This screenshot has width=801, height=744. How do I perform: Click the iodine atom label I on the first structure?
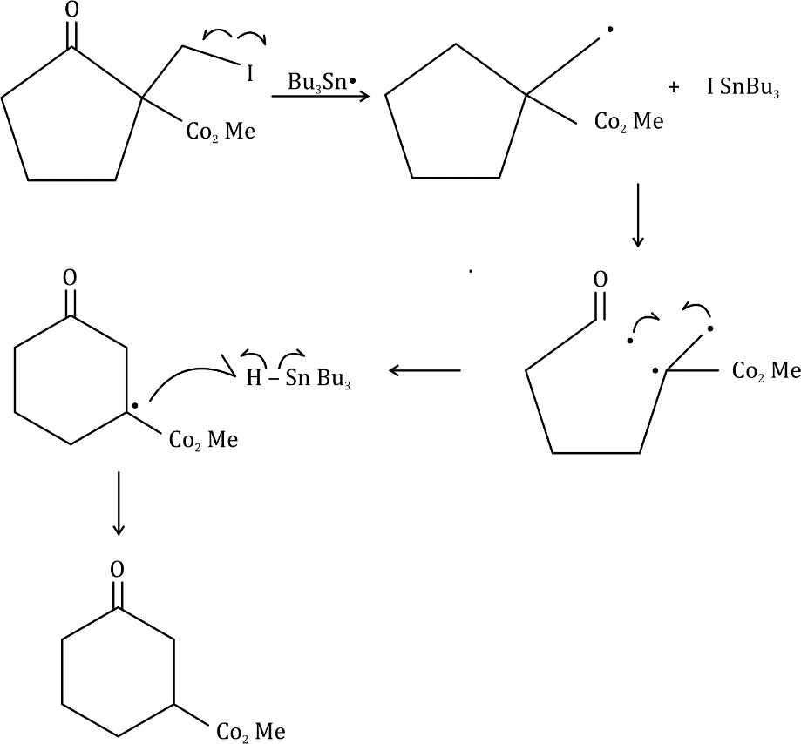[x=250, y=74]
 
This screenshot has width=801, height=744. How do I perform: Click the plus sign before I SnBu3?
[x=674, y=88]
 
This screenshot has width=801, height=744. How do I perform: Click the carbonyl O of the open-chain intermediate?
[x=600, y=280]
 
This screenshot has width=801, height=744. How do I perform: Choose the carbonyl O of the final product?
[x=118, y=570]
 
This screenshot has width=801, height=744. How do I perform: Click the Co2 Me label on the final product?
[x=250, y=732]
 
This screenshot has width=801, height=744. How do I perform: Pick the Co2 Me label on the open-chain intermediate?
[x=766, y=372]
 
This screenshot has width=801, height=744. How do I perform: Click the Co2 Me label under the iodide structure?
[x=221, y=133]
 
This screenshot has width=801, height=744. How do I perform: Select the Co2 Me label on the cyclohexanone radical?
[x=203, y=440]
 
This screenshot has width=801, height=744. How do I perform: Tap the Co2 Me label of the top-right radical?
[x=628, y=121]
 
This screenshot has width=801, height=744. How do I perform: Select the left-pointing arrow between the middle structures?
[x=424, y=371]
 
